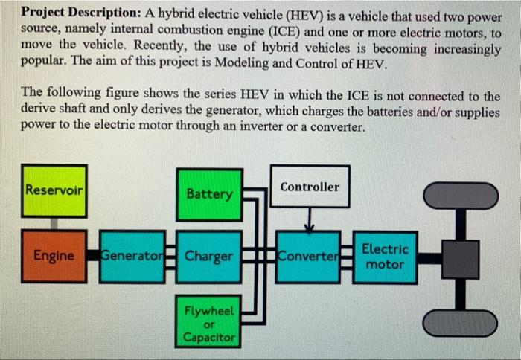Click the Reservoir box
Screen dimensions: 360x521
54,190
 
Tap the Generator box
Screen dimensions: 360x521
132,257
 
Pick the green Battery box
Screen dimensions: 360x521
209,194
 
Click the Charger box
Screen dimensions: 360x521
209,257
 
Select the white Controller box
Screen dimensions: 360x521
310,186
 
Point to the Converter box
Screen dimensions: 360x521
307,257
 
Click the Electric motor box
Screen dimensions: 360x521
385,257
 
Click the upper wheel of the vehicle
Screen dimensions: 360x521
460,196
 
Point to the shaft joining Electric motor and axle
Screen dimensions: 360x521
429,258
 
